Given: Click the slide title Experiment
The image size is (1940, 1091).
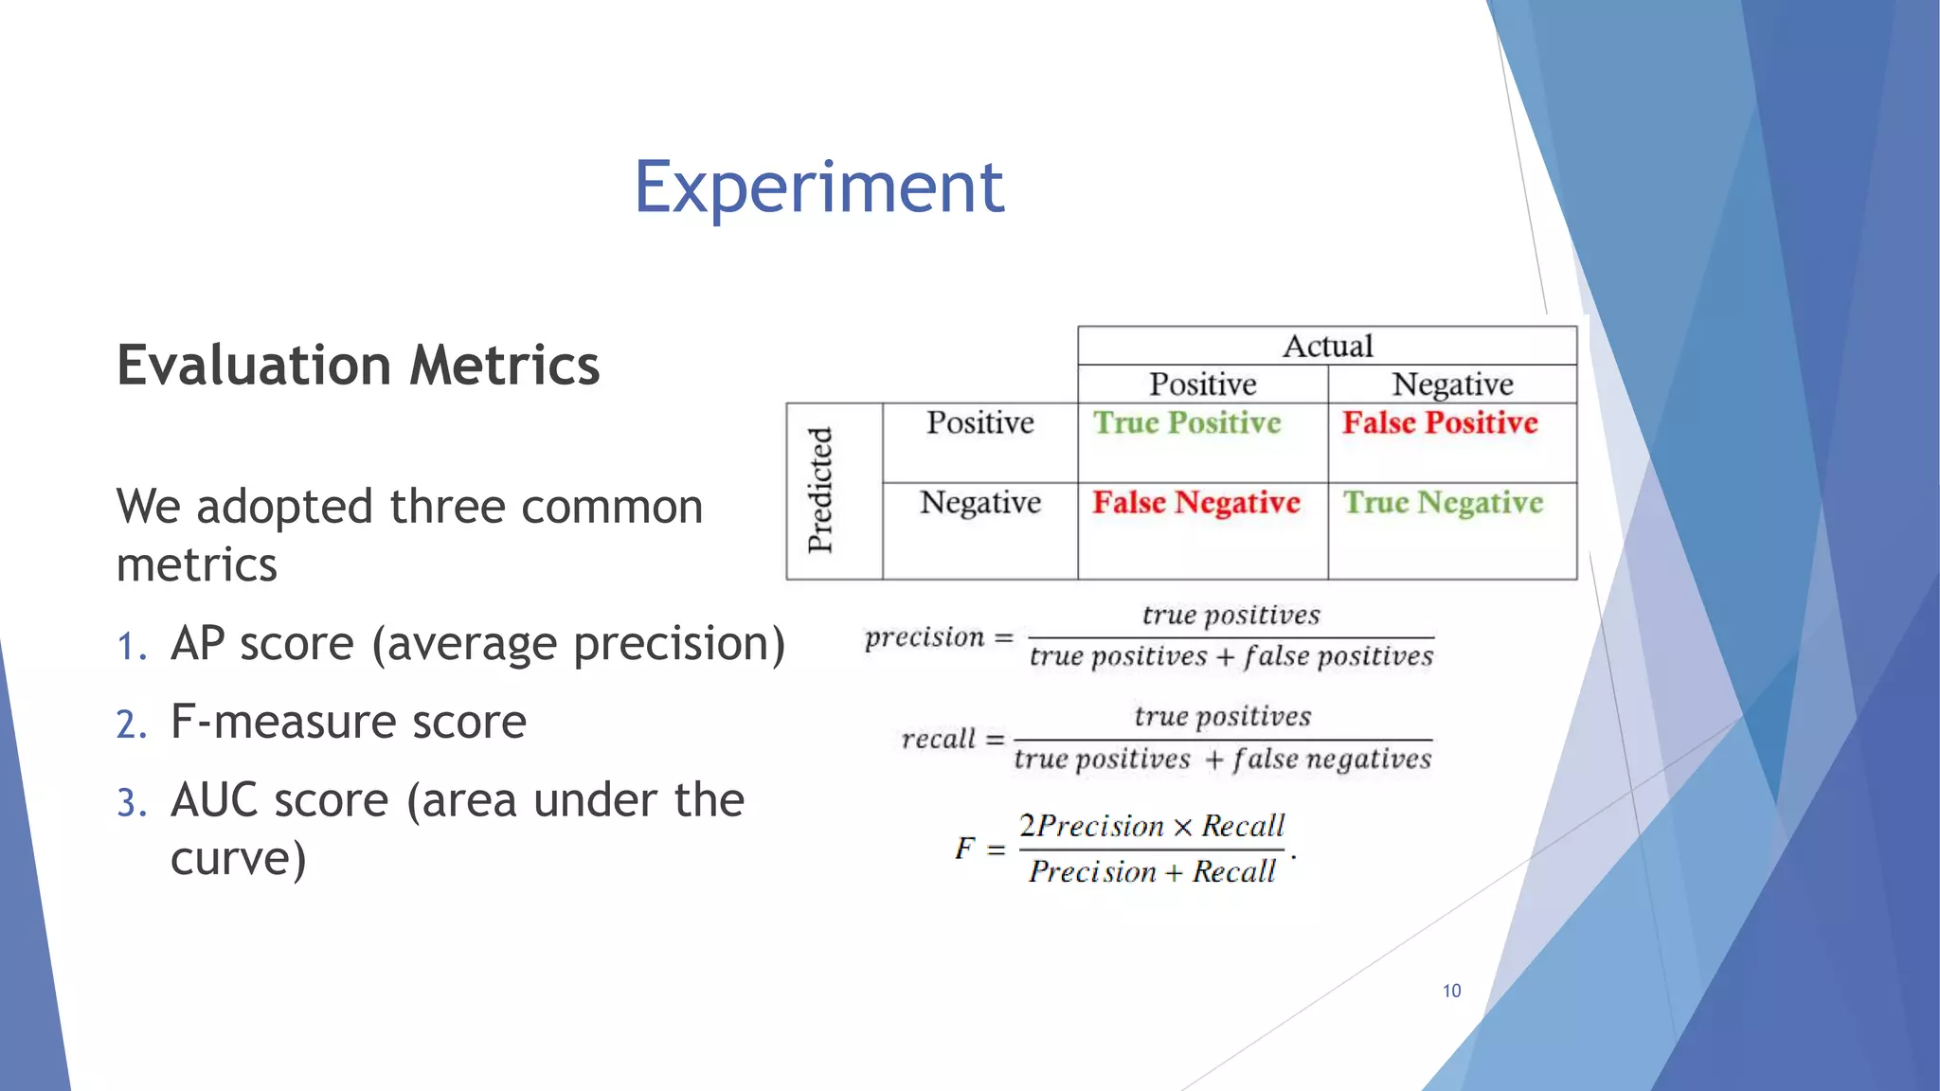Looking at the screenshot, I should [818, 188].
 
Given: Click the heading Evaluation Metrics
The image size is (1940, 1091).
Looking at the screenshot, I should [358, 366].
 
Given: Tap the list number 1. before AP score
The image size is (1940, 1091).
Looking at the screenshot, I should [132, 647].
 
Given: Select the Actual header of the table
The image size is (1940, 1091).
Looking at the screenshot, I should [1327, 346].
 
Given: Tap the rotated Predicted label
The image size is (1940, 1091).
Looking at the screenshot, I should [820, 491].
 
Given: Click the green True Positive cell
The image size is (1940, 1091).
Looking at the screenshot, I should [1187, 422].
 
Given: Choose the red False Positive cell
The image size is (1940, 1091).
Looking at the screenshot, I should [1440, 422].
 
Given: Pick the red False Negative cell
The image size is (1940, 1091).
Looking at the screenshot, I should [1196, 502].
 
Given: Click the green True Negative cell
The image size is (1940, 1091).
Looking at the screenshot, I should [1443, 502].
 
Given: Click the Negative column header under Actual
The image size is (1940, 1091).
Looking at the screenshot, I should [1452, 385].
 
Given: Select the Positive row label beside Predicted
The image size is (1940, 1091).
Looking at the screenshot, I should [979, 422].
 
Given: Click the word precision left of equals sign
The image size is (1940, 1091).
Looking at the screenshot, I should [925, 637].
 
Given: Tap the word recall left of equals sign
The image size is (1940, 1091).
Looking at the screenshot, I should [938, 739].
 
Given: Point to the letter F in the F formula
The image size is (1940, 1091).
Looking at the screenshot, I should [964, 848].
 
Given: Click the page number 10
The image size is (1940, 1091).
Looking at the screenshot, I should [1451, 991].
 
